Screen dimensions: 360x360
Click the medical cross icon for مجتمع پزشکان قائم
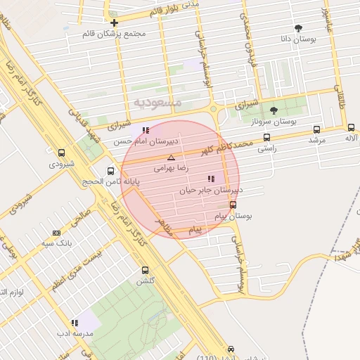click(x=114, y=23)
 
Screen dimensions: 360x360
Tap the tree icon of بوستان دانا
click(x=299, y=29)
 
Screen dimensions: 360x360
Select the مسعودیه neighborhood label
click(x=157, y=103)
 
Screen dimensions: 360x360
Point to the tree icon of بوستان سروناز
click(x=274, y=110)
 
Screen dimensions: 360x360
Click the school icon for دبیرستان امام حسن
click(x=146, y=130)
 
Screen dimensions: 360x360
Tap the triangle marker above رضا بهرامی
click(x=171, y=158)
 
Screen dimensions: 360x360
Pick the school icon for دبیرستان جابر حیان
click(x=212, y=179)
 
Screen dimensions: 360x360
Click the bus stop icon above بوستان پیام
click(x=233, y=205)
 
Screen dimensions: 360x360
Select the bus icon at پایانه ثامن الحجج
click(x=111, y=171)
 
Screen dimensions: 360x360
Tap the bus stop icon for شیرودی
click(x=62, y=153)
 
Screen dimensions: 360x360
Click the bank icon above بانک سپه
click(x=56, y=233)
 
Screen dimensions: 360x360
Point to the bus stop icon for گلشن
click(x=145, y=270)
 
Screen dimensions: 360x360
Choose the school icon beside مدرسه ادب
click(x=75, y=323)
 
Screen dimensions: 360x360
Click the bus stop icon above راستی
click(x=266, y=138)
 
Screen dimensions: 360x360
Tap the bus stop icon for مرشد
click(x=317, y=129)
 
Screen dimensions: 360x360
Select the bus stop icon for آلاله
click(x=351, y=127)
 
